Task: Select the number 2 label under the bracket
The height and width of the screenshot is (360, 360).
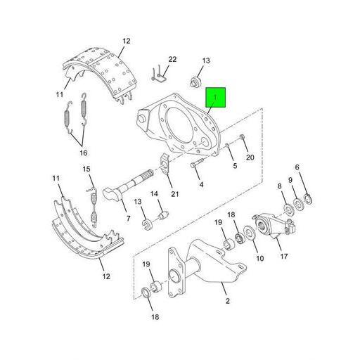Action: pos(227,302)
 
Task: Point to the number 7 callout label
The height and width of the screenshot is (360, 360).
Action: pos(128,219)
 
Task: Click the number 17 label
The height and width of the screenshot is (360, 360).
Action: pos(284,256)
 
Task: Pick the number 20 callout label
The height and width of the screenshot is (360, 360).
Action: pos(249,157)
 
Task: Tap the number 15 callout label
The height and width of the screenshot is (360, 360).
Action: pos(87,169)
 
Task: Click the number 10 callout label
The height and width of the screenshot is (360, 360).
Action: pos(260,259)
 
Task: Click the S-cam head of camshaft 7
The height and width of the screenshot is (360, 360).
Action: pos(115,193)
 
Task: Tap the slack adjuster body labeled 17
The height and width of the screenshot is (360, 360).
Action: pos(271,226)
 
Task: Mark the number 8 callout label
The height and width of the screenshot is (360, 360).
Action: pos(279,186)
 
